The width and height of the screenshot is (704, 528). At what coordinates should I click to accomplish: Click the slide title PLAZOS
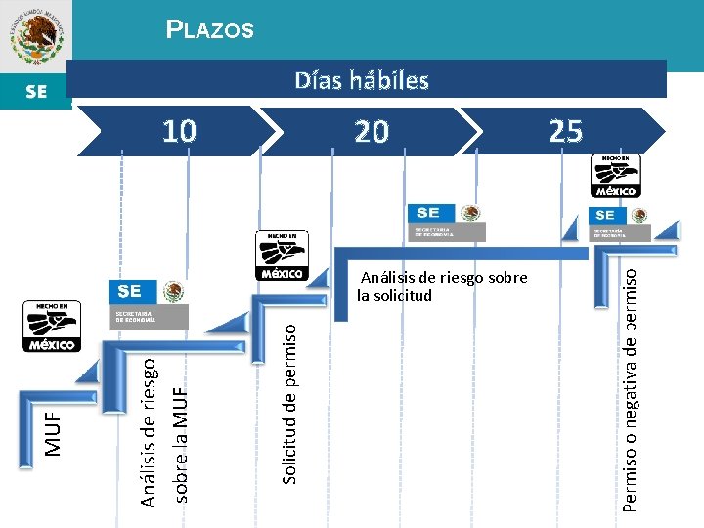(210, 28)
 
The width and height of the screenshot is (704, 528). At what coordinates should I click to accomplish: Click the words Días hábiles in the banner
(362, 80)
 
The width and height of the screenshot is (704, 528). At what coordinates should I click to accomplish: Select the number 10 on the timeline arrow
(179, 131)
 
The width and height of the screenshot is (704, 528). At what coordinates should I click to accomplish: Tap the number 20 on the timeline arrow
(372, 131)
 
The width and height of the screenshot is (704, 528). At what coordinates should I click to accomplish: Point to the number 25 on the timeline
(565, 131)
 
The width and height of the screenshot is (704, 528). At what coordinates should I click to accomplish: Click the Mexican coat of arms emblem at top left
(37, 35)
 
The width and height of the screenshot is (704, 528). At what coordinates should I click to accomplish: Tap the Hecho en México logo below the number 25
(616, 176)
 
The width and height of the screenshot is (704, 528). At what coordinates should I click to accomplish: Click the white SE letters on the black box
(36, 91)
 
